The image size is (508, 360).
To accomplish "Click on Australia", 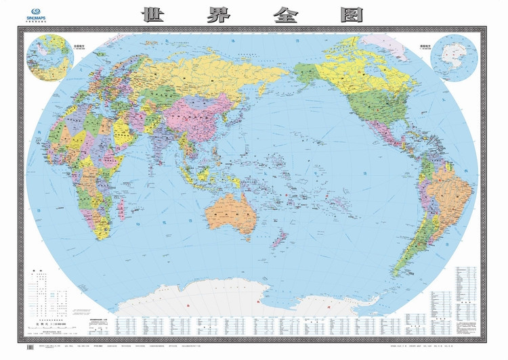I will (x=232, y=215).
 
